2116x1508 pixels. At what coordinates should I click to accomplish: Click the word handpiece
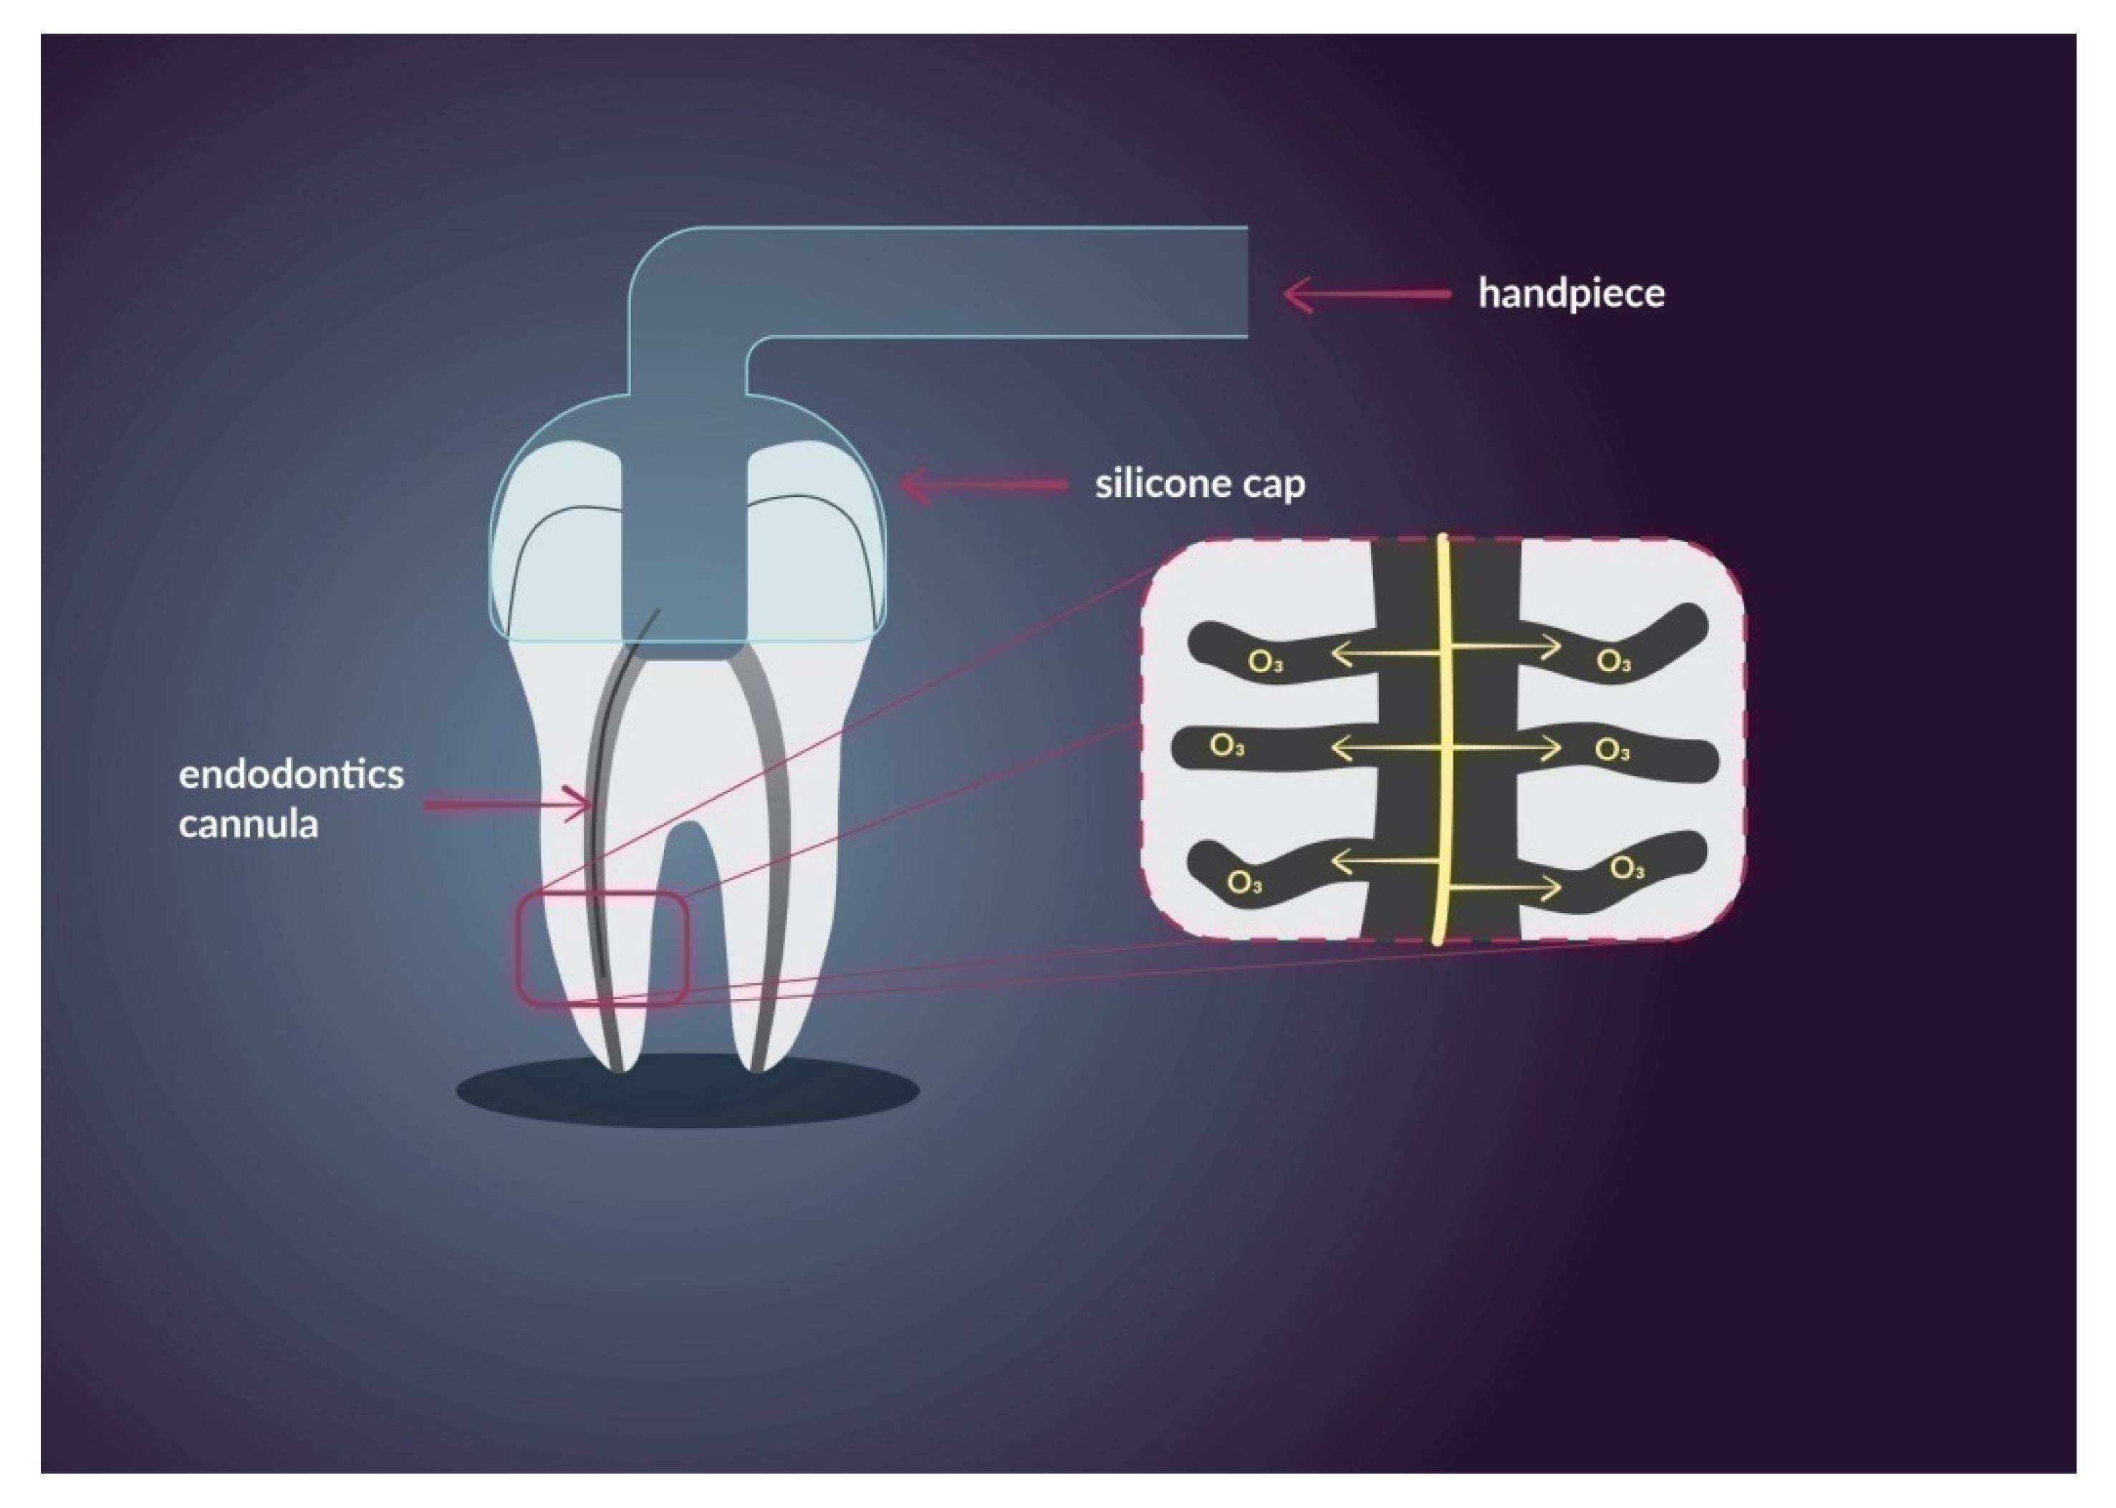click(1571, 294)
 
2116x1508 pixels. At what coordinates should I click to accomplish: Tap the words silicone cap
click(1199, 485)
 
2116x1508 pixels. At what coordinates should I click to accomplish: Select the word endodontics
click(291, 775)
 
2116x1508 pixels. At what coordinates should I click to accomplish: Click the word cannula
click(248, 823)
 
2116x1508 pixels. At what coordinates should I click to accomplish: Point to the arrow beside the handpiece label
click(1365, 294)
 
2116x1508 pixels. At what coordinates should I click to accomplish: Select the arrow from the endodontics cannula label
click(507, 804)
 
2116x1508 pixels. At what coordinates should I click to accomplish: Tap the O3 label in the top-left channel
click(1265, 663)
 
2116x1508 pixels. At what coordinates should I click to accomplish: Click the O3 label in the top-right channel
click(1613, 661)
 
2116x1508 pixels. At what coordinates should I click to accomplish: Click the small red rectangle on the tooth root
click(602, 948)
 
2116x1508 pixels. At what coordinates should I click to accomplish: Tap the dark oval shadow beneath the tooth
click(688, 1092)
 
